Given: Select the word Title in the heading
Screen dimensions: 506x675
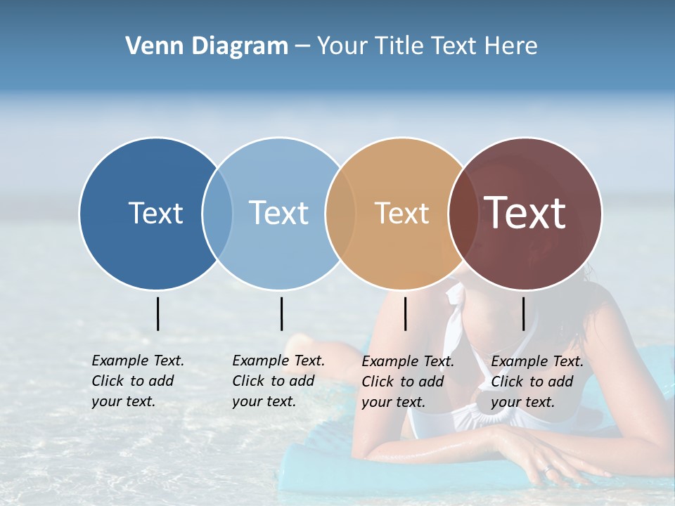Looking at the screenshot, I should (x=402, y=46).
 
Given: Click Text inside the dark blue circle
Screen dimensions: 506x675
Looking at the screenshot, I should (x=155, y=213).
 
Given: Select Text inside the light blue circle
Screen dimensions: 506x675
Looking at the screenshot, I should (x=278, y=213).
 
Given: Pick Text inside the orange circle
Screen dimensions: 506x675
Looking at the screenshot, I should (x=401, y=213).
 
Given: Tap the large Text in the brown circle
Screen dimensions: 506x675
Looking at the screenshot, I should (x=525, y=213).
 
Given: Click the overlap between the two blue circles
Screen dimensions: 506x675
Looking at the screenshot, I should (x=217, y=213).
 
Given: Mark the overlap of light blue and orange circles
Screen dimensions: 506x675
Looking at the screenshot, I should (x=340, y=213).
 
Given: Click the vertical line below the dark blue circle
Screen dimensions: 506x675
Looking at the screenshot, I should (x=158, y=313).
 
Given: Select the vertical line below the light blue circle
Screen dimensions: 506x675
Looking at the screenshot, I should (x=281, y=313).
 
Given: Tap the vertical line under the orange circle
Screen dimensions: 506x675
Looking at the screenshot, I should (x=405, y=313).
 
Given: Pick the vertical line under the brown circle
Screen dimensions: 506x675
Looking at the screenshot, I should (x=523, y=313).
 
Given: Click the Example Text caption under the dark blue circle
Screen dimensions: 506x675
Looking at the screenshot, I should (x=137, y=381).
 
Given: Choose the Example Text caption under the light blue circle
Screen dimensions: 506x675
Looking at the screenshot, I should (x=278, y=381).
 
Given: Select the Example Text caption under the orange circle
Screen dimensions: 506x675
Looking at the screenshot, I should (x=407, y=382).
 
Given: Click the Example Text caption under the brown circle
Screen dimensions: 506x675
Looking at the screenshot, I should (x=536, y=382).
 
